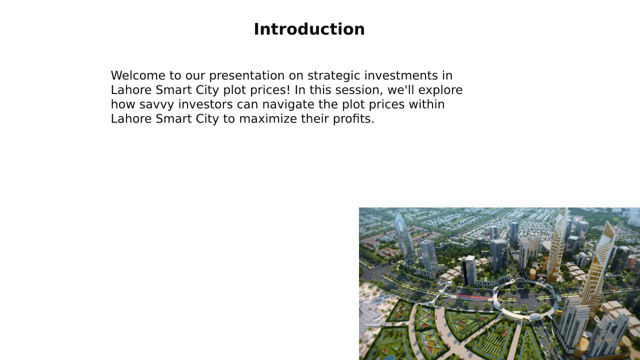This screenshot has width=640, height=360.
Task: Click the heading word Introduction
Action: coord(309,29)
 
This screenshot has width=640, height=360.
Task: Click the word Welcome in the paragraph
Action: coord(138,75)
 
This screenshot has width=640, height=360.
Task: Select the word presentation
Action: coord(247,76)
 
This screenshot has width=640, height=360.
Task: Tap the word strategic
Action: coord(333,76)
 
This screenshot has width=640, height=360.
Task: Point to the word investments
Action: coord(401,75)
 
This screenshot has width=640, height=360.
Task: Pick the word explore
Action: coord(440,90)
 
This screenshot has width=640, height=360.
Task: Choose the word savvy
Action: coord(156,105)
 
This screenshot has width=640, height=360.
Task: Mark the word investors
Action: coord(205,104)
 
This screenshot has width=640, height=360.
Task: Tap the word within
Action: coord(426,104)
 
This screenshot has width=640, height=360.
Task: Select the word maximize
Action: coord(268,118)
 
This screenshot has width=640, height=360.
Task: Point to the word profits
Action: coord(353,119)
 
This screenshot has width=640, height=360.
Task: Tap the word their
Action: coord(315,118)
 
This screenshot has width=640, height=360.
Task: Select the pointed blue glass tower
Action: coord(405,239)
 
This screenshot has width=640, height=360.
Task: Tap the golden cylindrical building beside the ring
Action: coord(532,274)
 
